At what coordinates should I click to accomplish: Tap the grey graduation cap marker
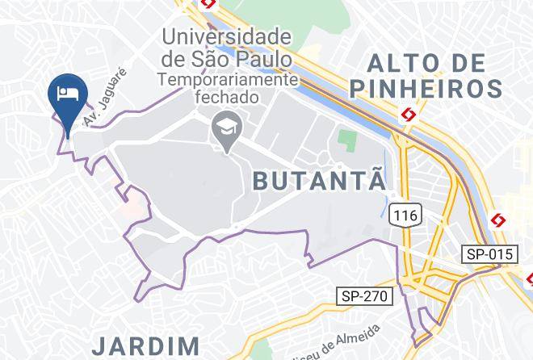tap(223, 130)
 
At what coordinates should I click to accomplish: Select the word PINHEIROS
tap(427, 86)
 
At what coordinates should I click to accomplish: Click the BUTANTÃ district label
tap(320, 180)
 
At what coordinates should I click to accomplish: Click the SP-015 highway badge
tap(489, 254)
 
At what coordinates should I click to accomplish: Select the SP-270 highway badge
tap(364, 296)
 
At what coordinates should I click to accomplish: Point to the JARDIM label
tap(145, 346)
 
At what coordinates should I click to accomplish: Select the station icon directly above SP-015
tap(498, 219)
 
